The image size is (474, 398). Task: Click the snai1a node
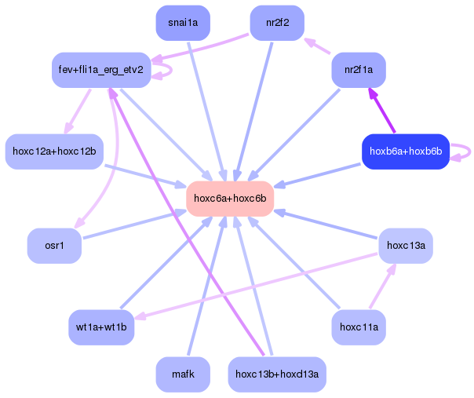click(x=183, y=23)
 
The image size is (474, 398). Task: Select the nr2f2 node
click(x=277, y=23)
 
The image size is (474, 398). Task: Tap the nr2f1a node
click(x=359, y=70)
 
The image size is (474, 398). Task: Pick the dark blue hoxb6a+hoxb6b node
click(x=406, y=152)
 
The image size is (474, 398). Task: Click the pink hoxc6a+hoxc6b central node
click(x=230, y=199)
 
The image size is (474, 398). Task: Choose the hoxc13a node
click(x=406, y=246)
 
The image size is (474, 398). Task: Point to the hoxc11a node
click(x=359, y=327)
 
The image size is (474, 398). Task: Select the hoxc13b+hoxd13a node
click(x=277, y=374)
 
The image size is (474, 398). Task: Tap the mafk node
click(x=183, y=374)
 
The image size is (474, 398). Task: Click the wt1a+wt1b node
click(x=101, y=327)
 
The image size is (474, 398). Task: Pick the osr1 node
click(x=54, y=246)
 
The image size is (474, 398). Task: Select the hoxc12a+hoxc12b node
click(x=54, y=152)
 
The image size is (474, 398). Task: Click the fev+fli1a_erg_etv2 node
click(x=101, y=70)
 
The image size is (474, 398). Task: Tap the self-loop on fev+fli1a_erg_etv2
click(x=171, y=71)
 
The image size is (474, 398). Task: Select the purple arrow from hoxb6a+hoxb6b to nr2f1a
click(x=381, y=110)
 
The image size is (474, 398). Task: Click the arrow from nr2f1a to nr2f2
click(x=317, y=46)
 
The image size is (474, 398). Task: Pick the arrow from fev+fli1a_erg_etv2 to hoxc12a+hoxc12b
click(x=78, y=111)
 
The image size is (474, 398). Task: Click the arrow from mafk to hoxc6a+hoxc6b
click(x=206, y=286)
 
